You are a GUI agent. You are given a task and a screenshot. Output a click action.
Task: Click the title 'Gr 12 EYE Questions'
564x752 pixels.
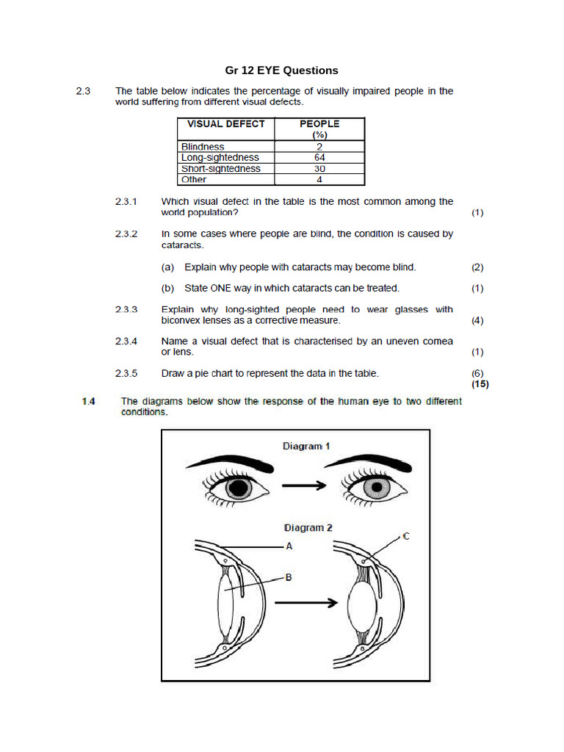282,70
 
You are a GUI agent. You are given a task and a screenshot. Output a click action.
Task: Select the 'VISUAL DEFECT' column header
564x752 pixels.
225,124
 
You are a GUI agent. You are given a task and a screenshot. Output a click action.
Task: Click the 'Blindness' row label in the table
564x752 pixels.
203,147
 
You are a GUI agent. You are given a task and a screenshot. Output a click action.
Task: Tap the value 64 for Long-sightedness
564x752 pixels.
319,158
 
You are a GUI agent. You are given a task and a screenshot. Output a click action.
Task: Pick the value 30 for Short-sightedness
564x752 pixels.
319,168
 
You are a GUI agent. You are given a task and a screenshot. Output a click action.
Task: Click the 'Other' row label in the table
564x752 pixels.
194,179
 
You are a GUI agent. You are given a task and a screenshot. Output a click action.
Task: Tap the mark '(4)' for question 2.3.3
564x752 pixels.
477,321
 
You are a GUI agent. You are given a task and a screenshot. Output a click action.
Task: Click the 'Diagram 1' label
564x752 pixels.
303,446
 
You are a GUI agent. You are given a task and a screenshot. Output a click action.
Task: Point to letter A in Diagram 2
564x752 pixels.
289,546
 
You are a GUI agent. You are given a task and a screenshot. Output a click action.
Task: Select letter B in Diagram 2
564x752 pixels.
289,578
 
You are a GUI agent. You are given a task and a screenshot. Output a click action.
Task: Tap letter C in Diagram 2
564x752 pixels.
406,537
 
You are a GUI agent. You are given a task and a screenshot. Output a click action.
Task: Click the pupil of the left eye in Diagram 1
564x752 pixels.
240,488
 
